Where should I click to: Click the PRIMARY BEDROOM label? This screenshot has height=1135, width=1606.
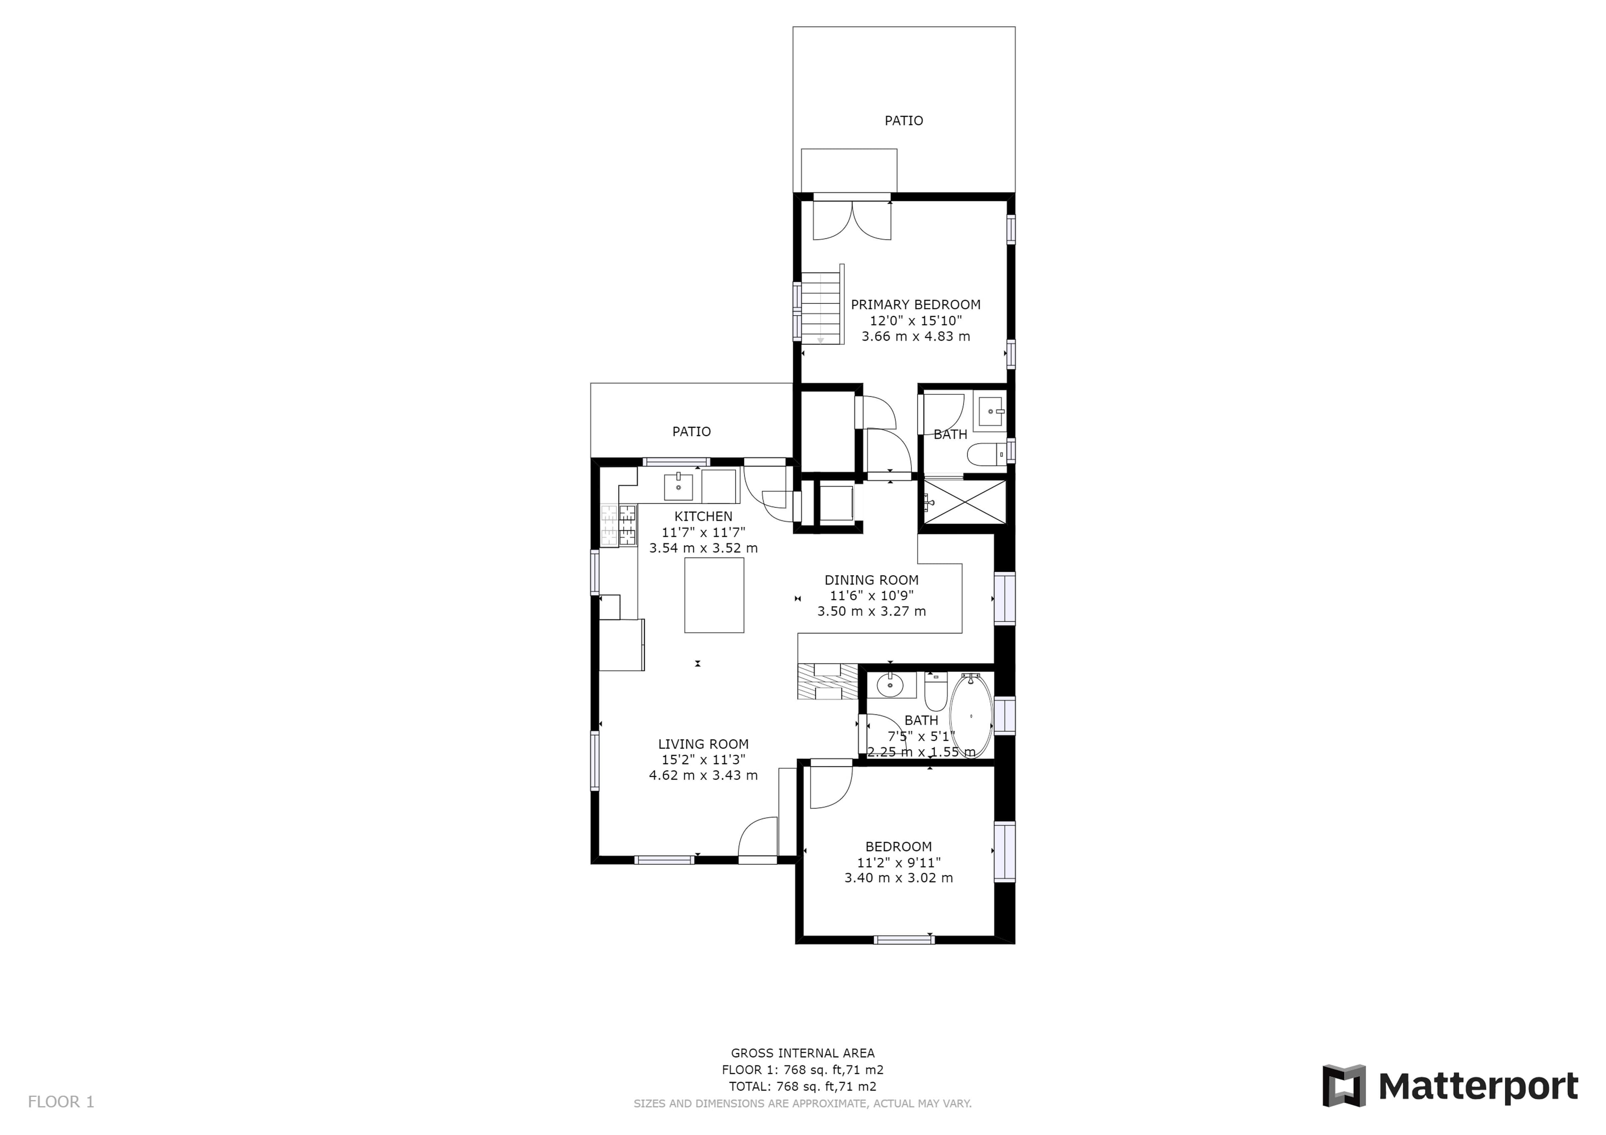tap(916, 305)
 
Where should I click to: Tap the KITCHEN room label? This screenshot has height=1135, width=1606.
tap(703, 517)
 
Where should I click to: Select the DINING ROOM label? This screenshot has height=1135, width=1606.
tap(872, 580)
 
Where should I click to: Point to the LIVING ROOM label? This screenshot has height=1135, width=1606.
tap(703, 744)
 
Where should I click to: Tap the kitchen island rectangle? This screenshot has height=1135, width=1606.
tap(713, 595)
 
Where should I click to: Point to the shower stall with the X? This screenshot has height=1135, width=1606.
tap(965, 501)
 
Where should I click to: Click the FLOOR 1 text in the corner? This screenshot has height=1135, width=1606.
tap(61, 1102)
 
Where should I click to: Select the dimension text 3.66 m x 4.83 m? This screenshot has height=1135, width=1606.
tap(916, 337)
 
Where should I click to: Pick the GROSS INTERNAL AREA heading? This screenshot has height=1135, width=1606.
tap(802, 1053)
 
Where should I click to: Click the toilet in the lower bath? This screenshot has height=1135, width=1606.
tap(935, 691)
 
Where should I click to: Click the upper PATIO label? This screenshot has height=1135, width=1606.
tap(904, 121)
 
